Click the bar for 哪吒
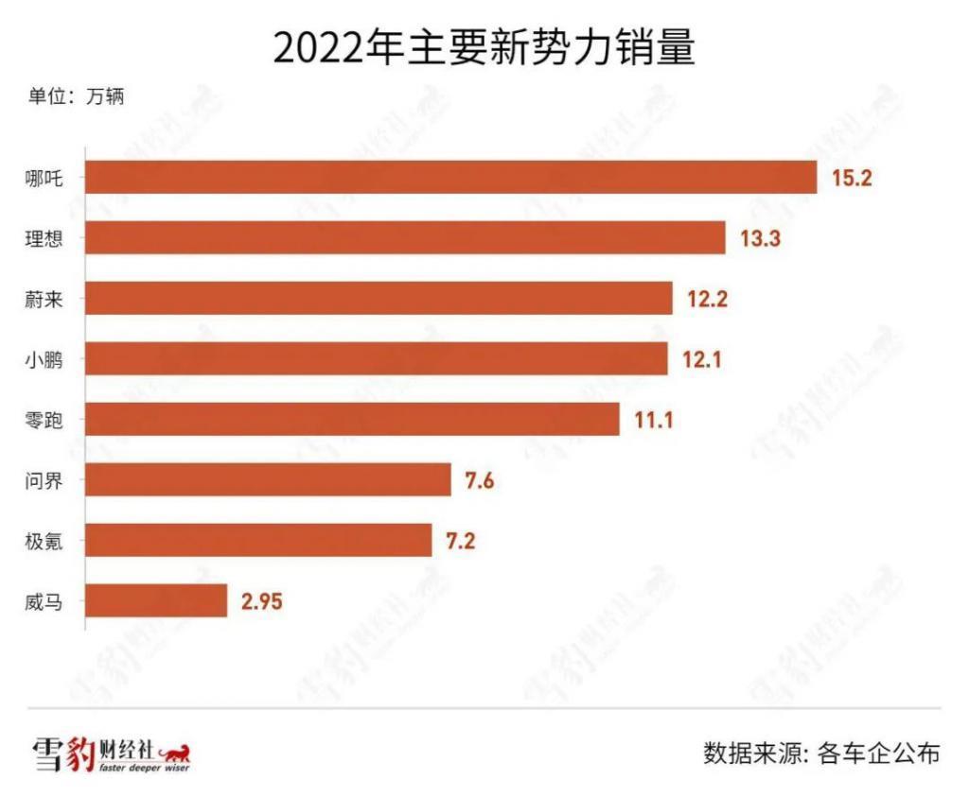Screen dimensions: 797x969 [450, 177]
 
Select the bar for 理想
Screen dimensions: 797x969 [405, 237]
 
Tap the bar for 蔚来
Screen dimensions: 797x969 [379, 298]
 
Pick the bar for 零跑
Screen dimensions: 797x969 [352, 419]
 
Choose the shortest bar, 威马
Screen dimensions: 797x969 [156, 600]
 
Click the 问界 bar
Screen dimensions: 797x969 [268, 479]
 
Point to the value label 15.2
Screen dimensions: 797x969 [852, 178]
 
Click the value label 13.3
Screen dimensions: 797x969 [760, 238]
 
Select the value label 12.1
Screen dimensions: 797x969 [702, 359]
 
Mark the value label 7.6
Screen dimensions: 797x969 [479, 480]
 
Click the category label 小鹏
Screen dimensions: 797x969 [44, 359]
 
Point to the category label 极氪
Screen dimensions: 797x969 [44, 541]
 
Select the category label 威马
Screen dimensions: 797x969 [44, 601]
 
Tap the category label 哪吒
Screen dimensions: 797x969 [44, 178]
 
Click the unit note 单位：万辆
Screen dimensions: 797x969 [76, 95]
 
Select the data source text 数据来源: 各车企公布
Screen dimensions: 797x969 [821, 754]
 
